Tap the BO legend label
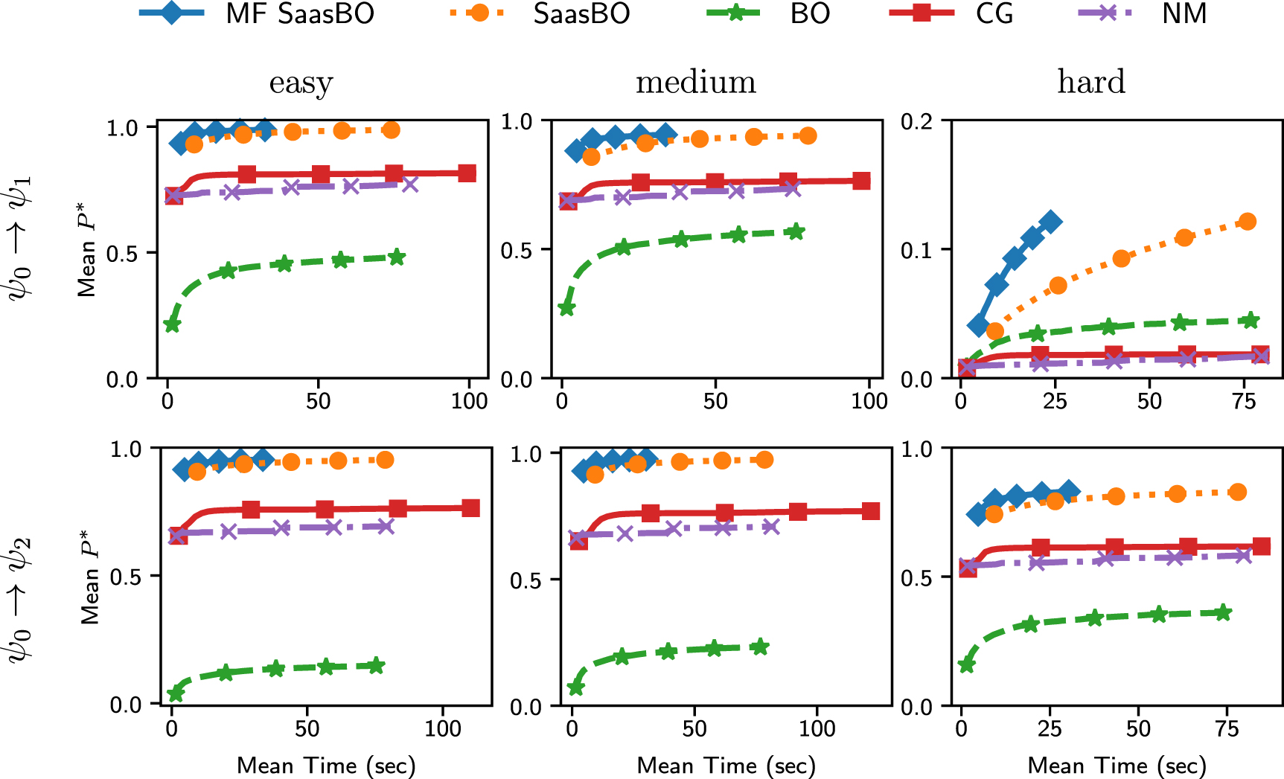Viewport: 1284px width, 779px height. point(809,14)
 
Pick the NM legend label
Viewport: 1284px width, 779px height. point(1184,14)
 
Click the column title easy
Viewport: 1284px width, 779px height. point(301,83)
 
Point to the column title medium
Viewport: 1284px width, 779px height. point(695,83)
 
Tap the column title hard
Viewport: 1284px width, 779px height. point(1090,83)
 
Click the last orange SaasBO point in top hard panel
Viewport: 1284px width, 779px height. point(1248,222)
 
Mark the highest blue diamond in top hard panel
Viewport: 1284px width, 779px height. point(1051,222)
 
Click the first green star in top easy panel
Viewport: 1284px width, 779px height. point(172,324)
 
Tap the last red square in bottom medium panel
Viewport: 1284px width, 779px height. point(871,511)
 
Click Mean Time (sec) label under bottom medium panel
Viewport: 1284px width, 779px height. point(726,765)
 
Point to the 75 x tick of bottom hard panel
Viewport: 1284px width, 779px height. point(1226,728)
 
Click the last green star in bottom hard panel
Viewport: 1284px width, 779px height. point(1223,613)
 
